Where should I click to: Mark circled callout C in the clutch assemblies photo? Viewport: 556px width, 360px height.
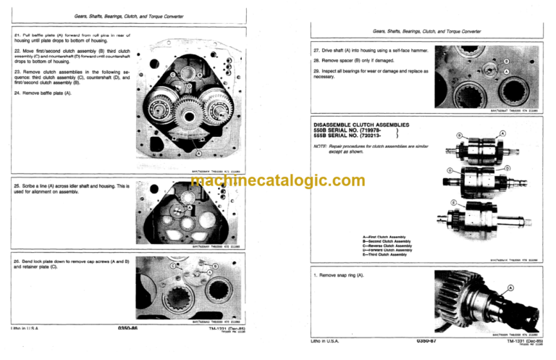click(450, 171)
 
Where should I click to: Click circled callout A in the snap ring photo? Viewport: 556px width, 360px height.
click(511, 288)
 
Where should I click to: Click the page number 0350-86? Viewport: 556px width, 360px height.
click(127, 328)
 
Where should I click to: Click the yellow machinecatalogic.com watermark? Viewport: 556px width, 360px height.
click(278, 182)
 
